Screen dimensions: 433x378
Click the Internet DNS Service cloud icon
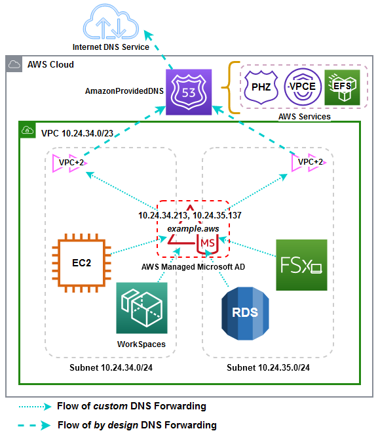click(111, 25)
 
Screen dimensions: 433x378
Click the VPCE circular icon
click(302, 87)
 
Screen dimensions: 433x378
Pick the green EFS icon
click(341, 87)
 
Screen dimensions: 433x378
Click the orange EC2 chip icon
click(82, 262)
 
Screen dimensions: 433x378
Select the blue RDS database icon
click(244, 312)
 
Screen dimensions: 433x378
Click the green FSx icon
click(301, 264)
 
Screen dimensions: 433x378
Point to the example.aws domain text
click(193, 228)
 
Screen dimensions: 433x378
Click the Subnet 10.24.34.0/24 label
click(109, 367)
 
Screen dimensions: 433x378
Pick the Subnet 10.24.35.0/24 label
click(269, 367)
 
